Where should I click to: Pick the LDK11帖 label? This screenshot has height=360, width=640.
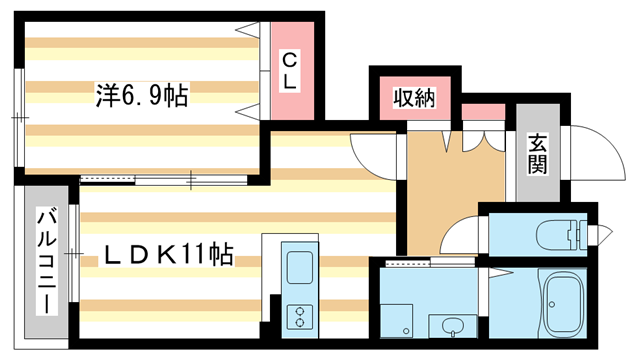tap(169, 256)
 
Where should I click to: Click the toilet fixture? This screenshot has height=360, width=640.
tap(561, 237)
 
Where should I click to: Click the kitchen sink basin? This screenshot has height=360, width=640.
tap(301, 267)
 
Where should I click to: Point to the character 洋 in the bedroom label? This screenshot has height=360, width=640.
tap(107, 96)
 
